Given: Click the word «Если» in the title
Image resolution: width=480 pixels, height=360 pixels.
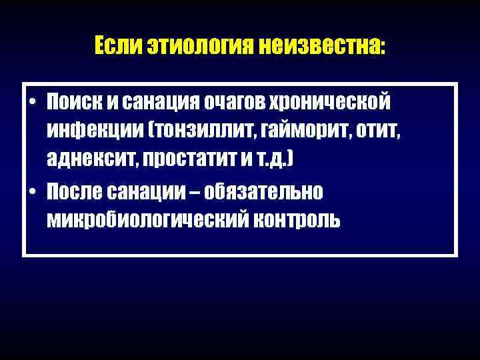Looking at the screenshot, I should point(111,46).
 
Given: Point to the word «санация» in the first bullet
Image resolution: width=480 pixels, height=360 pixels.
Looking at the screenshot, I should point(162,103).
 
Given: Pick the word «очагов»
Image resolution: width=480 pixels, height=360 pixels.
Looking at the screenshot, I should point(239,103).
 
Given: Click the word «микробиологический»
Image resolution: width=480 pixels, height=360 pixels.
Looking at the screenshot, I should point(142,221).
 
